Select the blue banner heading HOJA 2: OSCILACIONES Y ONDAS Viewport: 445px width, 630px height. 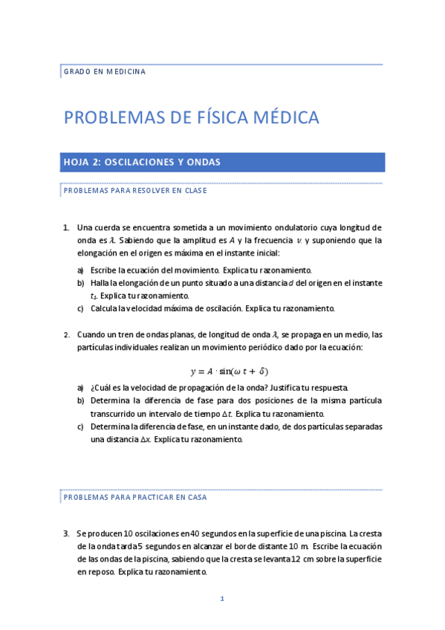(141, 162)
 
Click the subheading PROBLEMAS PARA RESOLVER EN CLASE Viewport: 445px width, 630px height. (134, 190)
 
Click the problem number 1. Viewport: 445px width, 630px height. (65, 227)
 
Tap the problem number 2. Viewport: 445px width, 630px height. (65, 334)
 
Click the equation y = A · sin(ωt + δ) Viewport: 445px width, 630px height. (229, 371)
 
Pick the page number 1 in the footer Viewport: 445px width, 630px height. (221, 599)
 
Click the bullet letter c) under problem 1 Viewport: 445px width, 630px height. (80, 308)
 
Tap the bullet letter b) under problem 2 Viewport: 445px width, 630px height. (80, 401)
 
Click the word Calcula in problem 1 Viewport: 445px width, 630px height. (103, 308)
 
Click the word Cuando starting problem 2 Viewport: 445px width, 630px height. (93, 334)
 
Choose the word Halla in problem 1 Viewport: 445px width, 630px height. (100, 283)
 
